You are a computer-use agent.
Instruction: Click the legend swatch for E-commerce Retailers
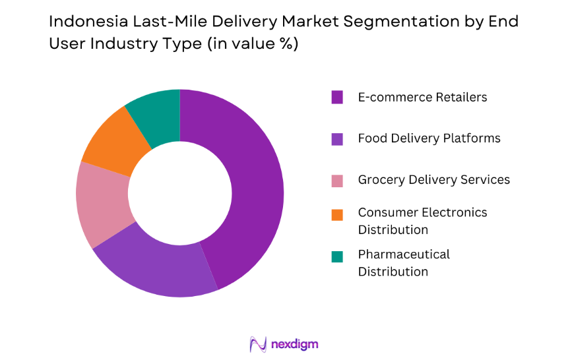click(x=337, y=98)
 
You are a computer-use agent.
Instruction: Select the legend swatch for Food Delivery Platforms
click(x=337, y=138)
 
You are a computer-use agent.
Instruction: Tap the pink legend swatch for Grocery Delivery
click(x=337, y=180)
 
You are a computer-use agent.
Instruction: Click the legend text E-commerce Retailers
click(x=422, y=98)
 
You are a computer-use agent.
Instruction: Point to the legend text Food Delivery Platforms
click(x=429, y=138)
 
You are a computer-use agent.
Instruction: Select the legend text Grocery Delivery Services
click(x=433, y=180)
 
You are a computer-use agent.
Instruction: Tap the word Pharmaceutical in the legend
click(x=404, y=255)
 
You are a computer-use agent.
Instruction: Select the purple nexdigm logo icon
click(x=258, y=344)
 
